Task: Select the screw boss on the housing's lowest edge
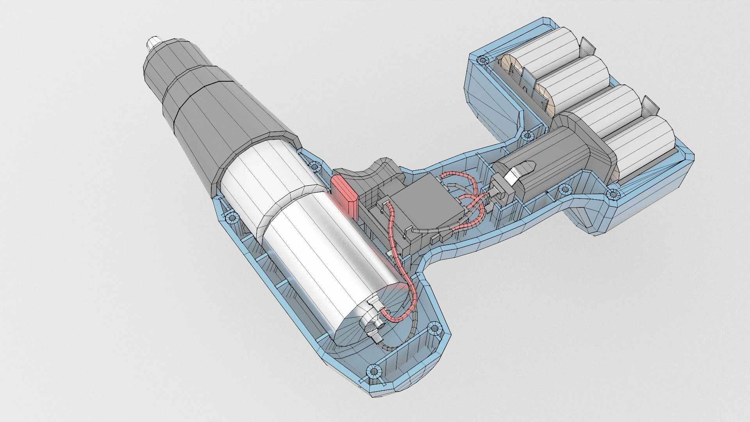(373, 371)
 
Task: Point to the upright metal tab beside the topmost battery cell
(586, 47)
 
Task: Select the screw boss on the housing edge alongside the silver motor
(233, 217)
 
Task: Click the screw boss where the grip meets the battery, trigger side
(527, 136)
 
